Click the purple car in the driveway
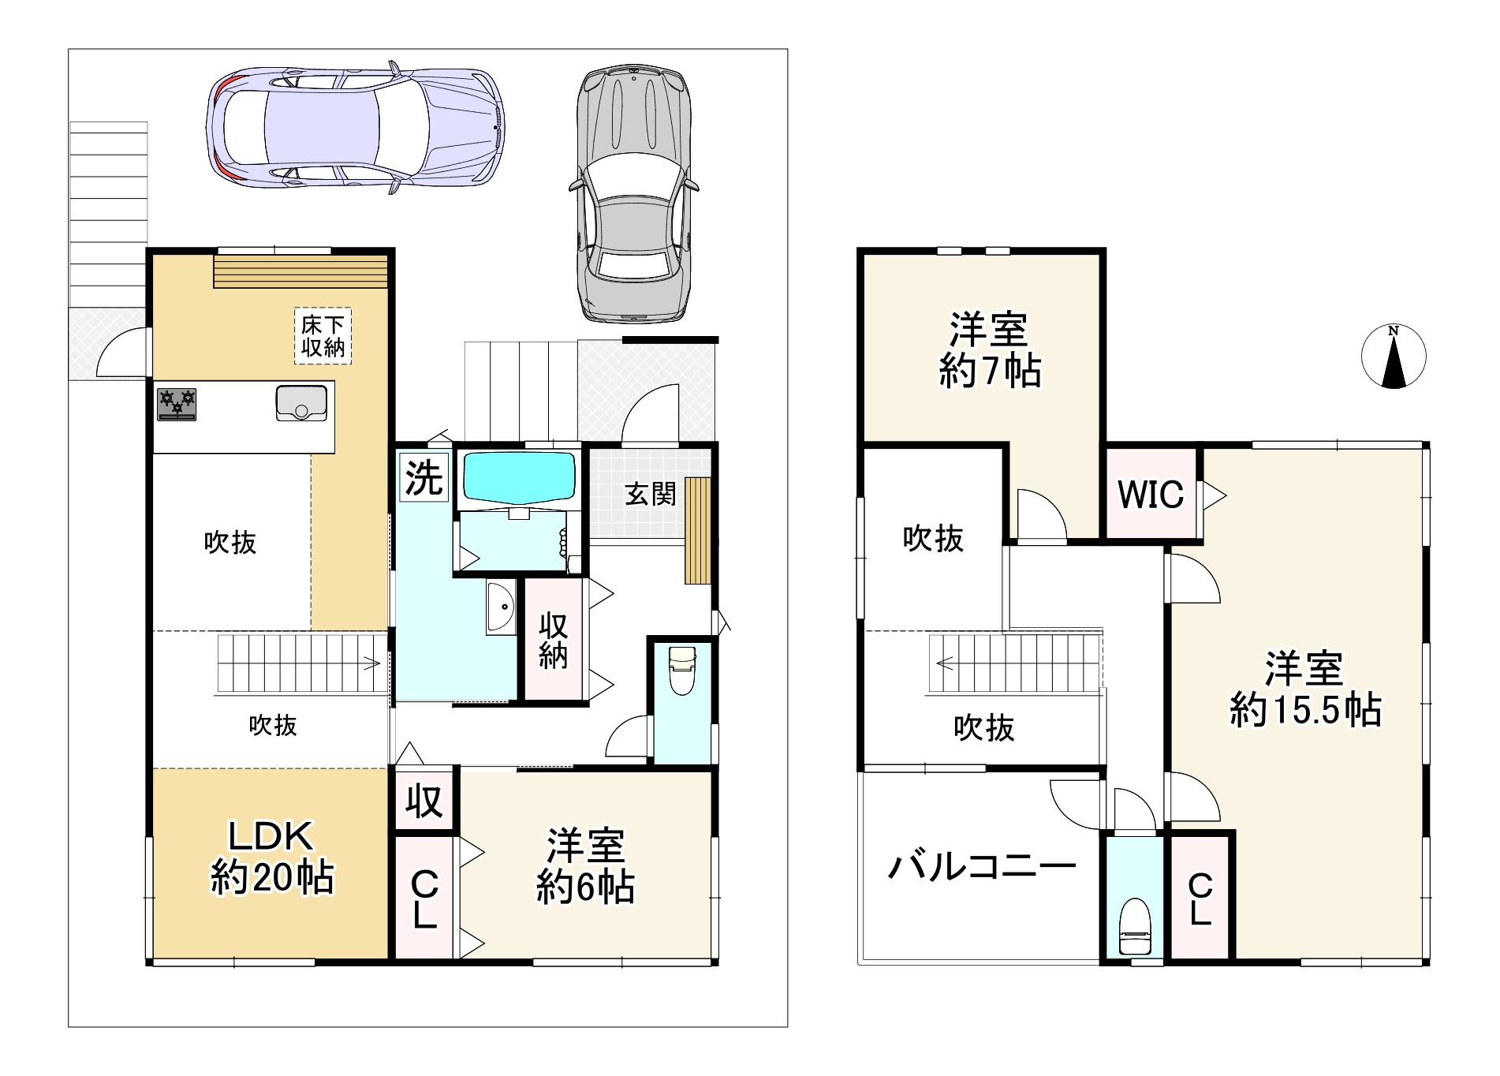pyautogui.click(x=356, y=129)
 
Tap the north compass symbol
pyautogui.click(x=1394, y=357)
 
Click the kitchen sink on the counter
pyautogui.click(x=301, y=402)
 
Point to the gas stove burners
pyautogui.click(x=177, y=404)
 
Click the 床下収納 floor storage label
pyautogui.click(x=323, y=335)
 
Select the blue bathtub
pyautogui.click(x=519, y=476)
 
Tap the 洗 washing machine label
pyautogui.click(x=424, y=476)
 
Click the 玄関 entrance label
pyautogui.click(x=651, y=495)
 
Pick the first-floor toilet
pyautogui.click(x=681, y=670)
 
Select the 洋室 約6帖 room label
pyautogui.click(x=586, y=865)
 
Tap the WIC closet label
pyautogui.click(x=1151, y=495)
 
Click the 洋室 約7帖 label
pyautogui.click(x=990, y=350)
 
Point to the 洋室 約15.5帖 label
pyautogui.click(x=1305, y=689)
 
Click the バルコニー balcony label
pyautogui.click(x=982, y=867)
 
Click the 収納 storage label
pyautogui.click(x=554, y=640)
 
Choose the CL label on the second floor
pyautogui.click(x=1200, y=900)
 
